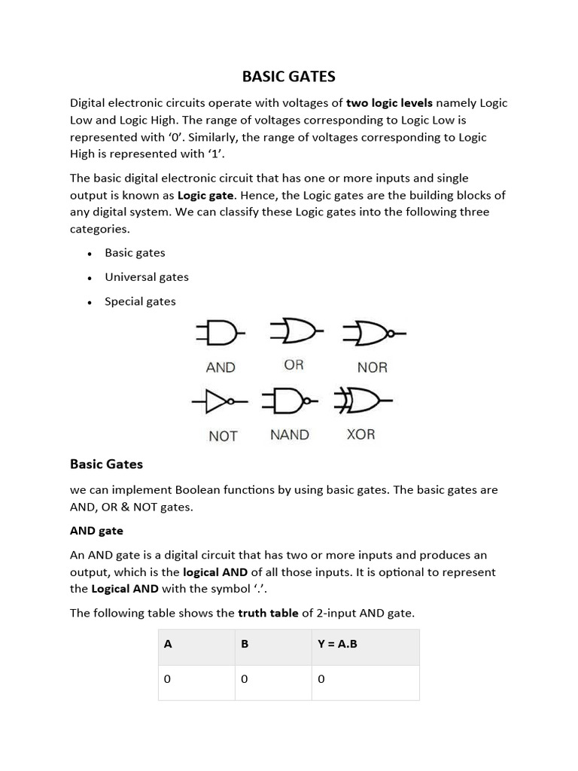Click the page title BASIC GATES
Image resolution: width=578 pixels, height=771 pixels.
click(288, 76)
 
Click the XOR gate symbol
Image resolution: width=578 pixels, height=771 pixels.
click(363, 402)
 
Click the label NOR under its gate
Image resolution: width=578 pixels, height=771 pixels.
click(372, 367)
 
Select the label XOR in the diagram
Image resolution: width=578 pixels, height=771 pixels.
click(360, 434)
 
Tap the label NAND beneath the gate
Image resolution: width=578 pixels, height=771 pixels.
click(289, 434)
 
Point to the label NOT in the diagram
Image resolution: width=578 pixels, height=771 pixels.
click(223, 436)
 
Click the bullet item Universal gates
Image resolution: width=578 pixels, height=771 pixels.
click(147, 277)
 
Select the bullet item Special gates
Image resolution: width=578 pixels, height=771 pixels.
click(140, 301)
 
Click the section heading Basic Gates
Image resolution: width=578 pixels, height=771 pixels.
click(106, 464)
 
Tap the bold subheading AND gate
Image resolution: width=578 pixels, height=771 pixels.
click(96, 531)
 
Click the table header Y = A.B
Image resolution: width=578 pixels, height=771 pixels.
click(337, 645)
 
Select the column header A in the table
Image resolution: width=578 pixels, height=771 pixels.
click(169, 645)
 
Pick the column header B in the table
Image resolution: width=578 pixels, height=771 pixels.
click(245, 645)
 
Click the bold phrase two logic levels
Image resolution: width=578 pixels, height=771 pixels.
click(389, 103)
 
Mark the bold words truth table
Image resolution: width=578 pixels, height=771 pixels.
click(268, 613)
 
